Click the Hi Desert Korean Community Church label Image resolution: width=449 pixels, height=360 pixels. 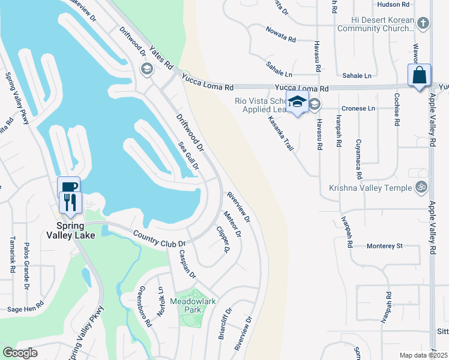click(376, 24)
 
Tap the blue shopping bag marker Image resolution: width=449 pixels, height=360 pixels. click(420, 76)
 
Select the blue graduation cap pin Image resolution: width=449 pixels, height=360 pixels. click(297, 102)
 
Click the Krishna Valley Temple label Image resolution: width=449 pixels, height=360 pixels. click(370, 188)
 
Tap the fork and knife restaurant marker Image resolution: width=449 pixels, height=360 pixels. click(71, 204)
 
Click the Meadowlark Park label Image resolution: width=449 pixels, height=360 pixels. click(187, 305)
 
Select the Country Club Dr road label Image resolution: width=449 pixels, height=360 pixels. click(160, 239)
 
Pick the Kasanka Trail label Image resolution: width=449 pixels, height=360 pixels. click(280, 132)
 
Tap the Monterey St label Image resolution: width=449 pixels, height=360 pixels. click(384, 246)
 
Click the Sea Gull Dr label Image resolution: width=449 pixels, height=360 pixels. click(189, 156)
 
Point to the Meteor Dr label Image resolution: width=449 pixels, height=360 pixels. click(232, 223)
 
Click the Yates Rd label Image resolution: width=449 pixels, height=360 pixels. click(162, 56)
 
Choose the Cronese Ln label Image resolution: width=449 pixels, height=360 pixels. click(358, 109)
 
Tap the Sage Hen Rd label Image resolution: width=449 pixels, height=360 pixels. click(26, 309)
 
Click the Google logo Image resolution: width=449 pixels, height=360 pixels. click(20, 353)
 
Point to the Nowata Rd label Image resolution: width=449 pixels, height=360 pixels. click(282, 34)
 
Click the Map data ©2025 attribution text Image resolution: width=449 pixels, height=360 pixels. click(423, 355)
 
